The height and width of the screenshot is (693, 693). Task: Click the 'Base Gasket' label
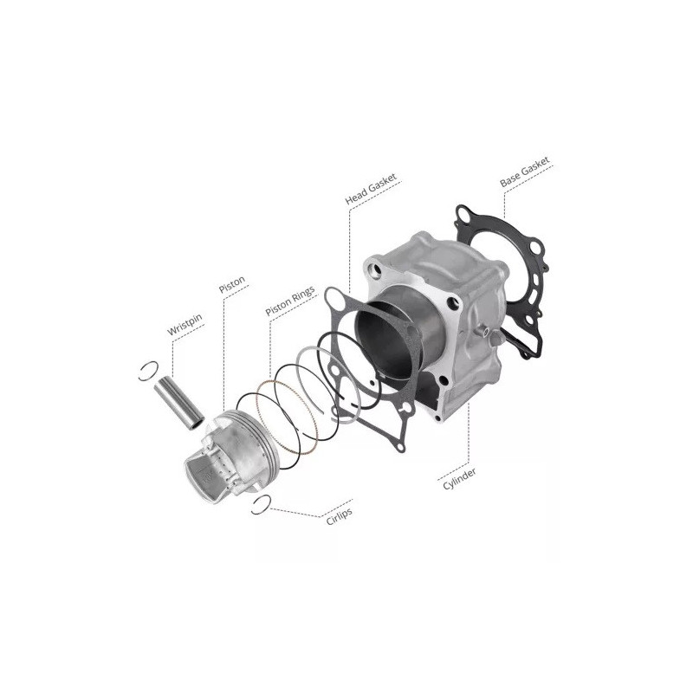point(525,172)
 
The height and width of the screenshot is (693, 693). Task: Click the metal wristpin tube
point(178,404)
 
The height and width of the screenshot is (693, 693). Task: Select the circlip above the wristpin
point(148,371)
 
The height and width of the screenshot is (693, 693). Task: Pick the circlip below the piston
point(262,505)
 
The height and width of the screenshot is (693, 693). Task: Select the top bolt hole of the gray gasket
point(334,300)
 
